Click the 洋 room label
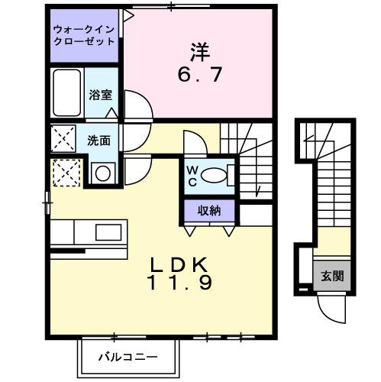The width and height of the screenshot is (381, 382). tap(199, 52)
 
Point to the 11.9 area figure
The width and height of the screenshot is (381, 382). tap(180, 281)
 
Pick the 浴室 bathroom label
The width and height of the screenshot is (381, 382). tap(100, 95)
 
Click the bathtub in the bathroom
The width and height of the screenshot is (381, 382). tap(67, 94)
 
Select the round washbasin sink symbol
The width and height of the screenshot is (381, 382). tap(102, 173)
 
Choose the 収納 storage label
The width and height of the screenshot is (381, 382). tap(210, 210)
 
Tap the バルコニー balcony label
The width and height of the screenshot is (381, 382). tap(128, 356)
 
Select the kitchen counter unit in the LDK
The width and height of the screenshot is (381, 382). tap(88, 231)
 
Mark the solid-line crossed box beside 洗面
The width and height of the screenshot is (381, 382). tap(63, 139)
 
